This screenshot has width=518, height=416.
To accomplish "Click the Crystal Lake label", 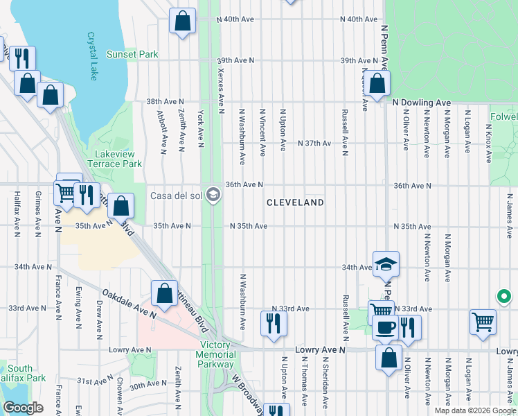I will [x=92, y=55].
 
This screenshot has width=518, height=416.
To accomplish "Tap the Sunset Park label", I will [x=132, y=54].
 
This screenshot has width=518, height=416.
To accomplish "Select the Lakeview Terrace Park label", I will [x=114, y=159].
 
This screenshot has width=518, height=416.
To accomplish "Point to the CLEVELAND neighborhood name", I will [x=296, y=202].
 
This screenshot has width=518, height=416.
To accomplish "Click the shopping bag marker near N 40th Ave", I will [x=183, y=22].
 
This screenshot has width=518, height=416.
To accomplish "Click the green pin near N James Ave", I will [x=505, y=298].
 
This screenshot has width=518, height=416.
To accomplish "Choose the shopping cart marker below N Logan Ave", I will [x=483, y=322].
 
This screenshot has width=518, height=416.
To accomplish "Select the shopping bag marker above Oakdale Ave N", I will [x=164, y=293].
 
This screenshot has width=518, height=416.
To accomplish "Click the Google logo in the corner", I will [x=23, y=408].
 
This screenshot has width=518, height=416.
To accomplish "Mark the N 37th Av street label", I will [x=314, y=144].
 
